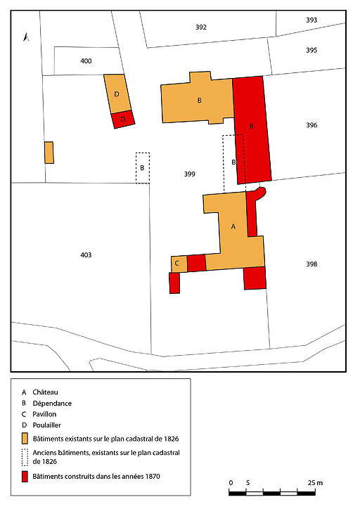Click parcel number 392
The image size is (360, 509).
click(x=201, y=27)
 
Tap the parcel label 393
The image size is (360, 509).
click(x=311, y=20)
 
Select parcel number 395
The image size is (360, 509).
click(x=311, y=51)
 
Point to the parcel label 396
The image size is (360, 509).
click(x=311, y=126)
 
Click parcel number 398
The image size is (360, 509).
click(x=311, y=264)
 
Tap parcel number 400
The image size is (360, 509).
click(x=86, y=62)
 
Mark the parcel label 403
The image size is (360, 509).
click(x=86, y=254)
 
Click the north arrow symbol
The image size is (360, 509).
click(x=26, y=38)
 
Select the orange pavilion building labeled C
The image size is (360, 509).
click(x=179, y=264)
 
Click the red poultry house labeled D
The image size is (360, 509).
click(x=123, y=120)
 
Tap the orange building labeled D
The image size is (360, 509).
click(x=116, y=94)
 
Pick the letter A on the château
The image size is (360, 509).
click(x=233, y=227)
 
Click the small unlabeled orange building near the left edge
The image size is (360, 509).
click(x=49, y=153)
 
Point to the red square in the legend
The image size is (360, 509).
click(x=25, y=477)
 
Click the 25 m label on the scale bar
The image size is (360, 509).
click(x=315, y=483)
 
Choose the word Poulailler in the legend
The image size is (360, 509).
click(x=51, y=425)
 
